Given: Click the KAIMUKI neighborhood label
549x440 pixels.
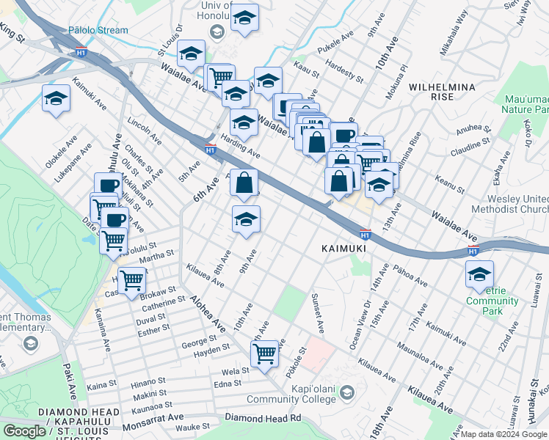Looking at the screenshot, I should tap(342, 249).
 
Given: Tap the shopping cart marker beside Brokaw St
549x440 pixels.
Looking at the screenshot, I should tap(131, 279).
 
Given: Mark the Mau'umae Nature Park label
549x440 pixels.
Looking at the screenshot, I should tap(526, 103).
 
